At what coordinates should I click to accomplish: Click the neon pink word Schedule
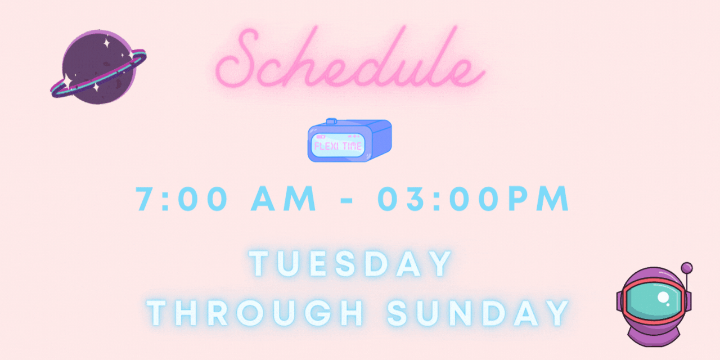(350, 57)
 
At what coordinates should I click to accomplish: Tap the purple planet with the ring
(98, 67)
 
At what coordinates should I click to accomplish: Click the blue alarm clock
(349, 140)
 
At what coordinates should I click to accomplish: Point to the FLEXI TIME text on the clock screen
(338, 146)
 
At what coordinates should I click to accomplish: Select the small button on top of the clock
(331, 121)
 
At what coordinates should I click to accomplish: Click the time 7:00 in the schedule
(182, 199)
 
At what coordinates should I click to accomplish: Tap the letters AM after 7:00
(283, 199)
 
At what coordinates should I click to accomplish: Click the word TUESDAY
(350, 264)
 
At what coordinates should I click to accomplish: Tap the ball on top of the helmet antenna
(687, 268)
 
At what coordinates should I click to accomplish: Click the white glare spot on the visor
(663, 297)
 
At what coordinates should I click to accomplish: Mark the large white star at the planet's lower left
(67, 80)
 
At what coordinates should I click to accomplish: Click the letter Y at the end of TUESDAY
(441, 264)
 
